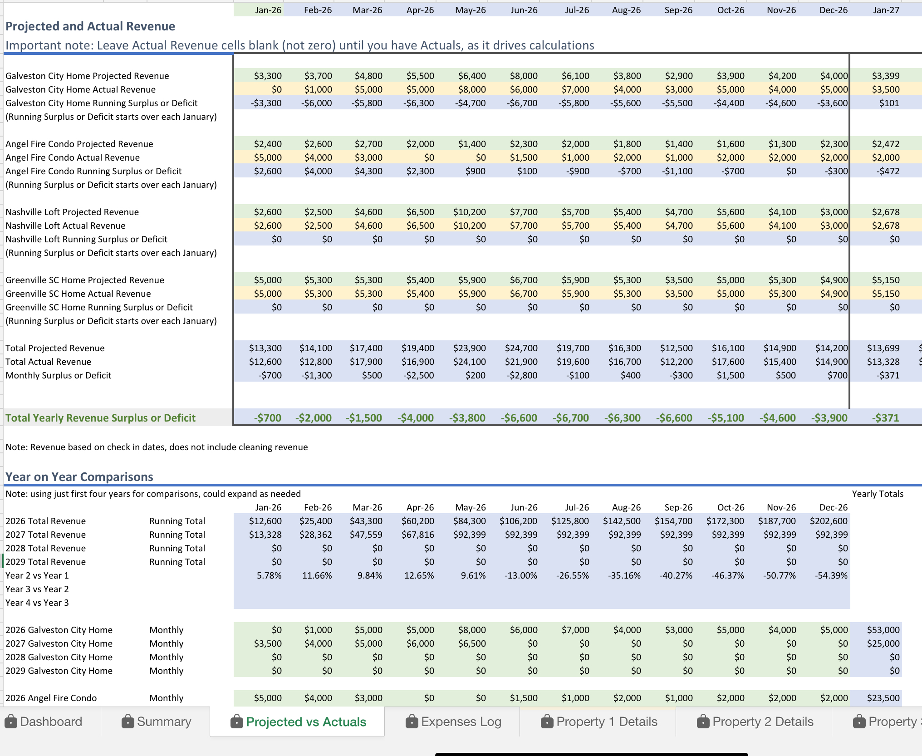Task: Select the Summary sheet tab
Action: point(157,722)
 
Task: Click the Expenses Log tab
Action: point(453,722)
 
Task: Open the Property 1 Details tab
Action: point(599,722)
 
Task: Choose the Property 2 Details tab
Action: point(755,722)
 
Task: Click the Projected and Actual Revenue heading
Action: point(90,26)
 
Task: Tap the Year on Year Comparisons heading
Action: point(79,477)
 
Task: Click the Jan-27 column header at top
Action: point(886,10)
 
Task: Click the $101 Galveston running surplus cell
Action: point(888,103)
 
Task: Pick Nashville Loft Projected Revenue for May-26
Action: point(469,212)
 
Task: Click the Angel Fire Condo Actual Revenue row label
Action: point(73,157)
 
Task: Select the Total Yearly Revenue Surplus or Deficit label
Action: point(100,418)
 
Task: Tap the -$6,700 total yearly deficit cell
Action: point(570,418)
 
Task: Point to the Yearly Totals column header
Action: point(877,494)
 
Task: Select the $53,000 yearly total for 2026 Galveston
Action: point(883,630)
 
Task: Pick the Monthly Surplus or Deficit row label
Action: point(59,375)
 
